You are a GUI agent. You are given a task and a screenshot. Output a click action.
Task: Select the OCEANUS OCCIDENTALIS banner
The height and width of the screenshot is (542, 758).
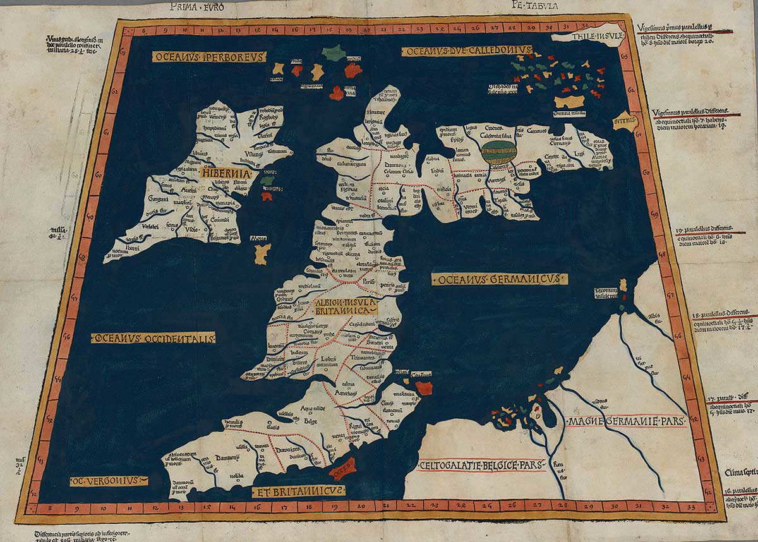[153, 339]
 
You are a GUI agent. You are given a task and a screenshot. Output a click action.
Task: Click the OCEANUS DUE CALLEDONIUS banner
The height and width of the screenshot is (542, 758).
[467, 50]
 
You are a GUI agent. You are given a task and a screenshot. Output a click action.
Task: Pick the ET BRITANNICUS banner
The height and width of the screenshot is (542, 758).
[298, 491]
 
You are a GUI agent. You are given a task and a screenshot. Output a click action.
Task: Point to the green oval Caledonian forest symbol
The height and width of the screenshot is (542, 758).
[498, 152]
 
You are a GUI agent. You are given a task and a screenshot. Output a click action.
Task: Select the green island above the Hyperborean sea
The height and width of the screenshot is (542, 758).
[331, 52]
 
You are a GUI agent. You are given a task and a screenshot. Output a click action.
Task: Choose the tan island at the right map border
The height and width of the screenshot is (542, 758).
[625, 121]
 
